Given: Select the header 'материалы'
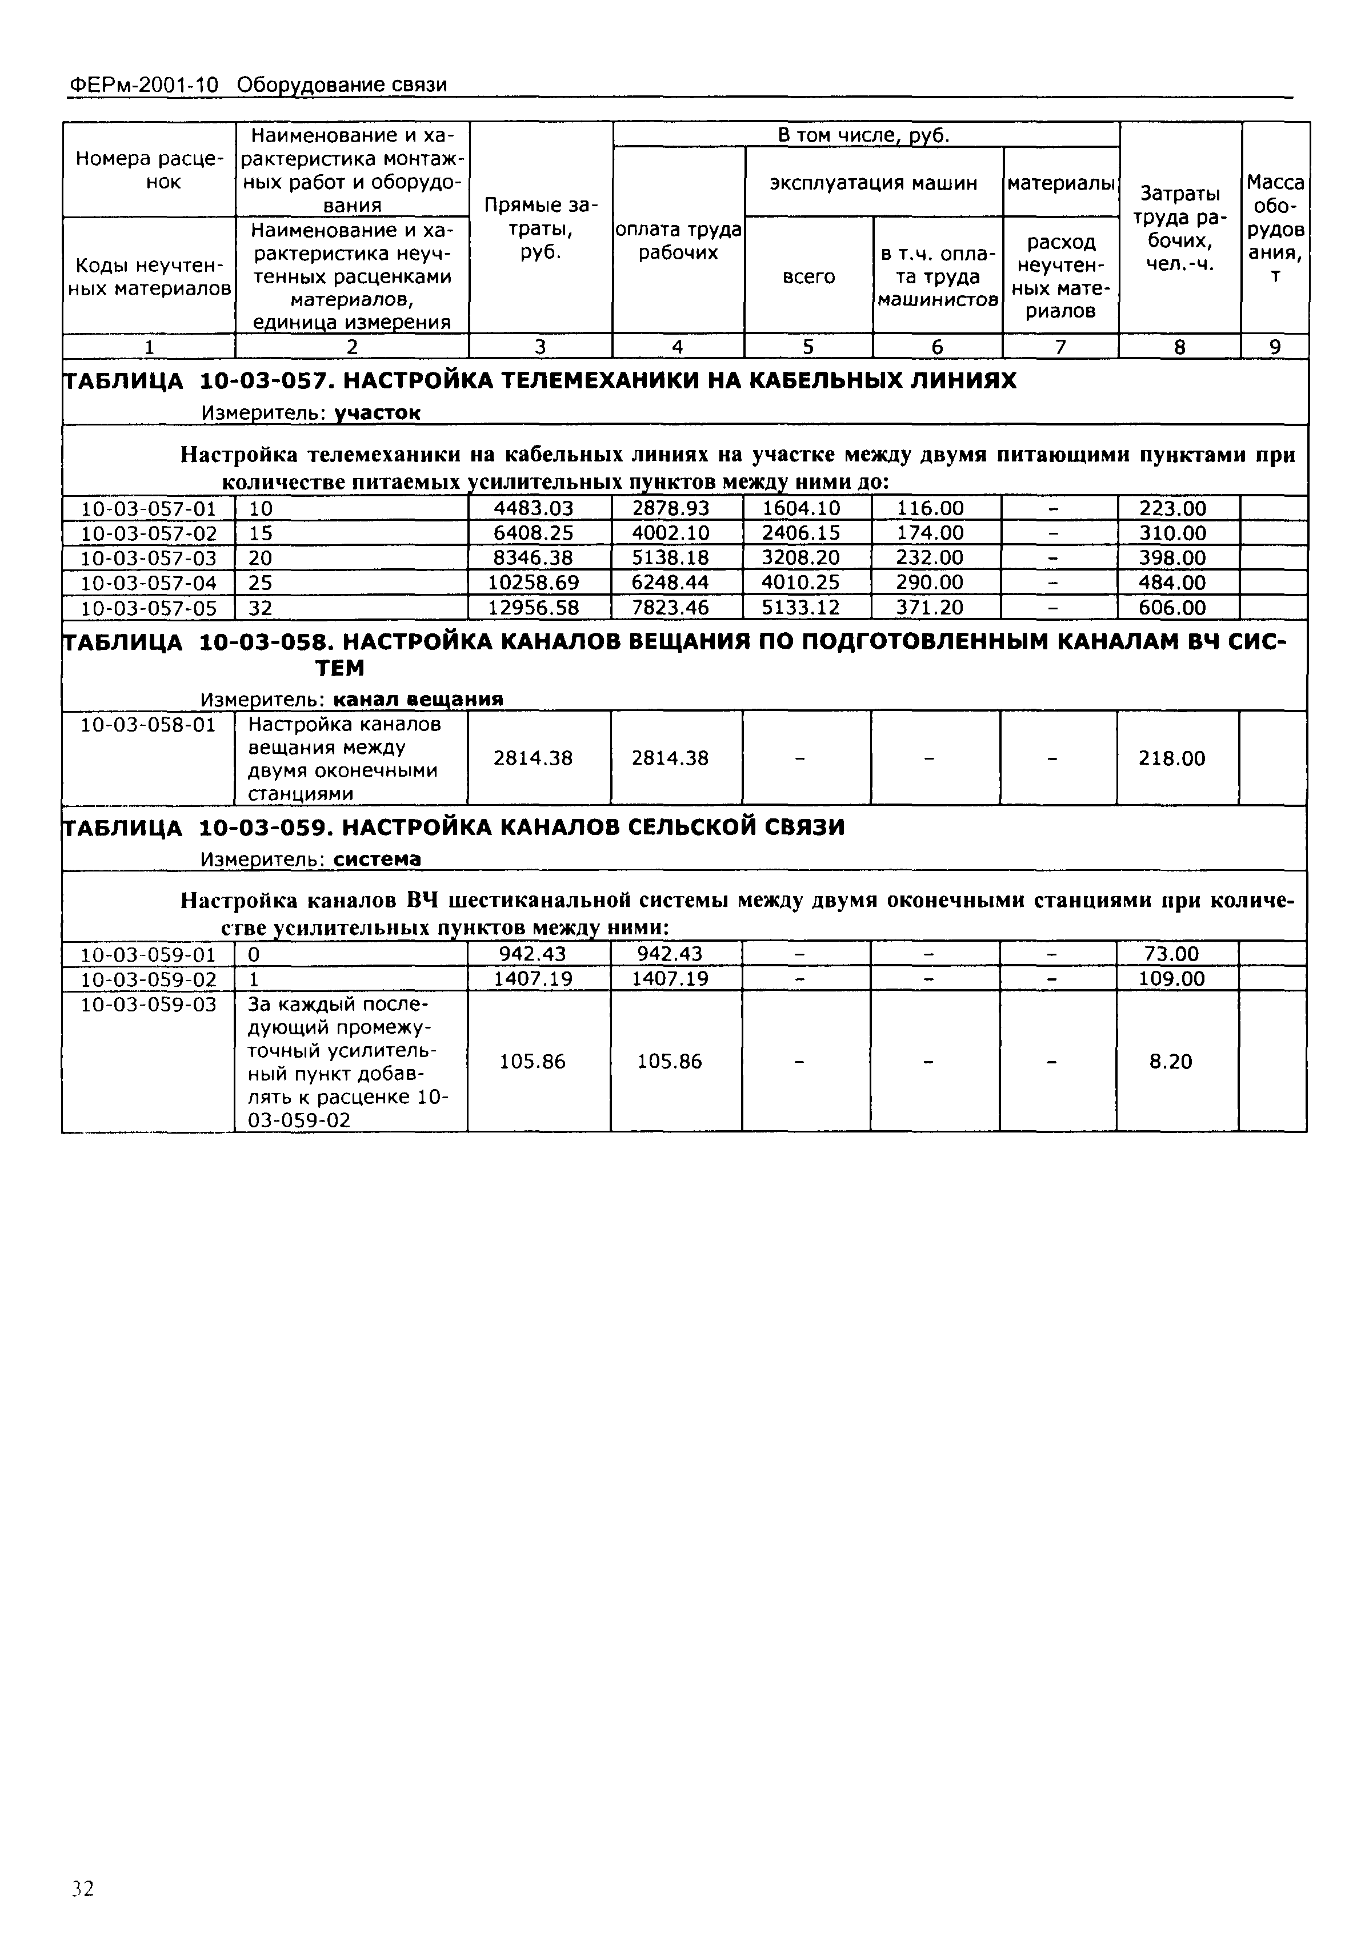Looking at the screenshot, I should point(1061,183).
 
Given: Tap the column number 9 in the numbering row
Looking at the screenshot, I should point(1275,347).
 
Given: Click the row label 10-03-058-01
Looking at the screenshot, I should point(148,725).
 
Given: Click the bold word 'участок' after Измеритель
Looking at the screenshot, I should point(377,412).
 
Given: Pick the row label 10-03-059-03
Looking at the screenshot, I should point(148,1005).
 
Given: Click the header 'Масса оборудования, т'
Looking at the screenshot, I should point(1275,228).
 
